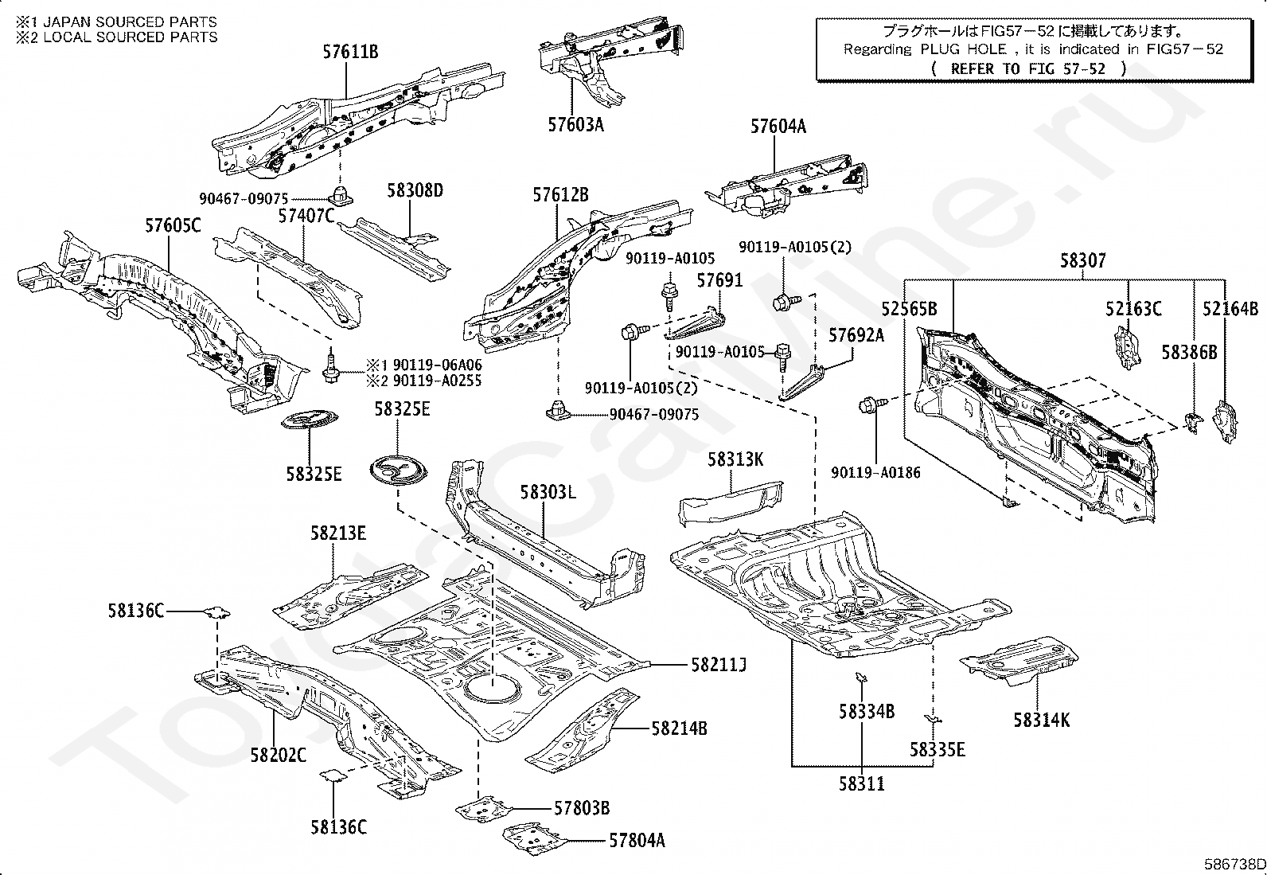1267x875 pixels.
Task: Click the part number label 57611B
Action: (x=350, y=52)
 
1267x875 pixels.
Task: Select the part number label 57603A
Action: (x=576, y=124)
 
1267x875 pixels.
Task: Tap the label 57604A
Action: (x=778, y=127)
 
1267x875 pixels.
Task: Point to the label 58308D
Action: (x=415, y=190)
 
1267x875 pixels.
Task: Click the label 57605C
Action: (x=173, y=225)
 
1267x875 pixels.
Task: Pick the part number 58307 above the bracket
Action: (x=1082, y=260)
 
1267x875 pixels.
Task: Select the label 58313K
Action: (x=735, y=459)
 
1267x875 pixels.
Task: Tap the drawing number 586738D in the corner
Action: (x=1234, y=865)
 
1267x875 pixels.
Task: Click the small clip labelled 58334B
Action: (x=861, y=677)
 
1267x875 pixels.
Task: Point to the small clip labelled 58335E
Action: (x=932, y=719)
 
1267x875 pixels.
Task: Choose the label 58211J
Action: (x=719, y=665)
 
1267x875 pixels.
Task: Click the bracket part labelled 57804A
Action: (x=534, y=839)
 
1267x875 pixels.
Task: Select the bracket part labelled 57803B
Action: (x=484, y=809)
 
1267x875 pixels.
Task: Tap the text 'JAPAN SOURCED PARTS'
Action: (x=130, y=22)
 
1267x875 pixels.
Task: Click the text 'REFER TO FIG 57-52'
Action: (x=1027, y=69)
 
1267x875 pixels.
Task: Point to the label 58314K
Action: (x=1041, y=721)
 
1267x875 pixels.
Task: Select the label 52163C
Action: (x=1133, y=309)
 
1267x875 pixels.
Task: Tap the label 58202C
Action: (x=279, y=755)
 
